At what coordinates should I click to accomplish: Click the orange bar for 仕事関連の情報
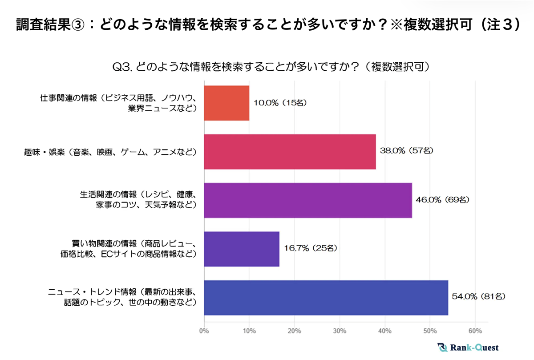[x=227, y=103]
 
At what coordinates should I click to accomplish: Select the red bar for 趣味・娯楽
[x=290, y=152]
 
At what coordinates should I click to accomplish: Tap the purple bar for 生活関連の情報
[x=308, y=200]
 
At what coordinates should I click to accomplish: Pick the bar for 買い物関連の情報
[x=242, y=249]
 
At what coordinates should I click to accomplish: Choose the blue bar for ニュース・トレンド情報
[x=326, y=298]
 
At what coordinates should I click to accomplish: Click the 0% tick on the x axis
[x=204, y=331]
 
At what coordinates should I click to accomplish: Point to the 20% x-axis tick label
[x=295, y=331]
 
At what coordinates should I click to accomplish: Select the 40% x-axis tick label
[x=385, y=331]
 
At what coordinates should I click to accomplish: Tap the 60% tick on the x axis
[x=475, y=331]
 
